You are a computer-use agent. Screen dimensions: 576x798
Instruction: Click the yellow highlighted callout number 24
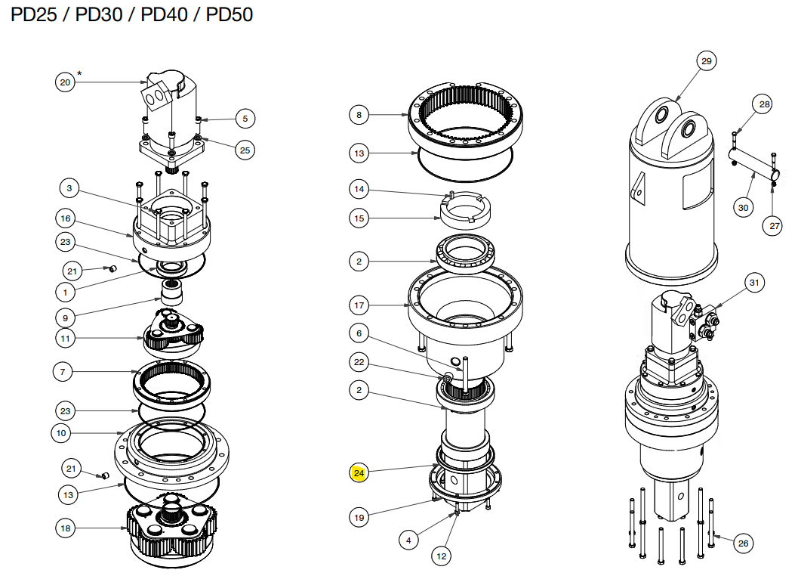click(359, 474)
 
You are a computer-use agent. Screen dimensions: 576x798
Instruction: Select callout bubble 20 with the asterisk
click(66, 82)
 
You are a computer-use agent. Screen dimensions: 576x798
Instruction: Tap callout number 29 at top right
click(707, 61)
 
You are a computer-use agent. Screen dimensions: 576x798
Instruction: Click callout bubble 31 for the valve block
click(753, 283)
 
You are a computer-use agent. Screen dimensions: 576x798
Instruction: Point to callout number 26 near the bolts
click(743, 542)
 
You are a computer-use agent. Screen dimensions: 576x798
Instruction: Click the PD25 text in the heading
click(33, 15)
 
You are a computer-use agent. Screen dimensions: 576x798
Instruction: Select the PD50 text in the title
click(228, 15)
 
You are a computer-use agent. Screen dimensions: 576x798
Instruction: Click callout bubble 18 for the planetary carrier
click(66, 528)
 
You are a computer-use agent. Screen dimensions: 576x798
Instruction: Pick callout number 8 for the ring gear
click(359, 115)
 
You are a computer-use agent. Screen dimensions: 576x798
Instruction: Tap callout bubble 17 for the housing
click(359, 305)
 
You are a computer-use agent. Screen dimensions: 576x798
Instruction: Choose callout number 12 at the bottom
click(442, 556)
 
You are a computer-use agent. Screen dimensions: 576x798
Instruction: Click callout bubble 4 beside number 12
click(408, 540)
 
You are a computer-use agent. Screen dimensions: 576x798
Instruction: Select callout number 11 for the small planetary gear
click(66, 338)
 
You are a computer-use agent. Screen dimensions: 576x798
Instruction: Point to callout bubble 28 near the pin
click(765, 104)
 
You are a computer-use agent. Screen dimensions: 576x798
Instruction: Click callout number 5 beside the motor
click(245, 118)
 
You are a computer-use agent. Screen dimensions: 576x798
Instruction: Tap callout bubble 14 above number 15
click(359, 189)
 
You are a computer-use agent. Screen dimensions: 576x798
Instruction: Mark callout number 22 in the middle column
click(359, 362)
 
